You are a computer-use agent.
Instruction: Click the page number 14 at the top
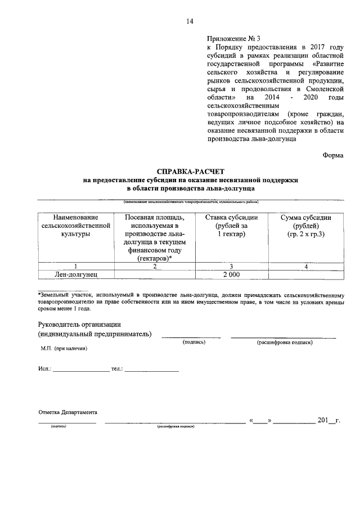coord(190,21)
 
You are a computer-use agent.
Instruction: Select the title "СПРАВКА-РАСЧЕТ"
coord(191,170)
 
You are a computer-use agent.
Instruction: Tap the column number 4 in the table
coord(306,265)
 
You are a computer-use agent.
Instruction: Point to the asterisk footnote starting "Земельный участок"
coord(191,301)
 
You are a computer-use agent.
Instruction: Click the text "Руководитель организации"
coord(79,325)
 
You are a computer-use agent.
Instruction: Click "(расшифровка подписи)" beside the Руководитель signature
coord(285,342)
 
